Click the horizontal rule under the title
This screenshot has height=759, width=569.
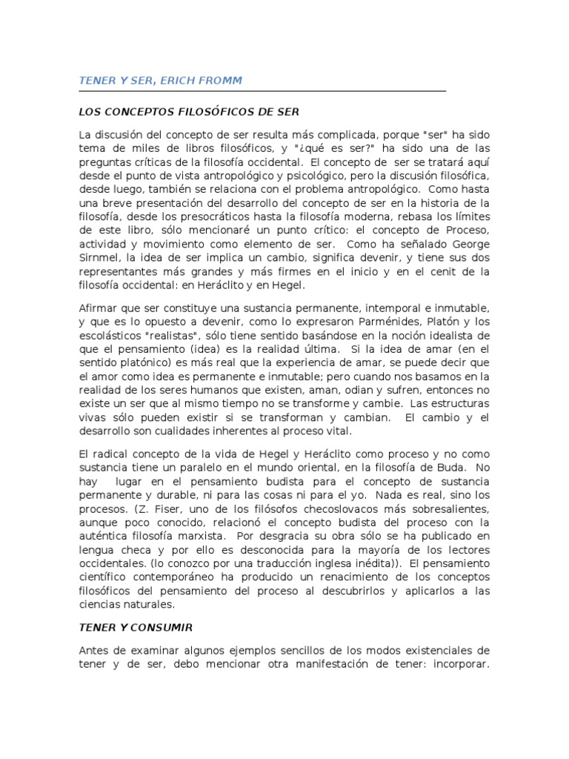coord(262,91)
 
